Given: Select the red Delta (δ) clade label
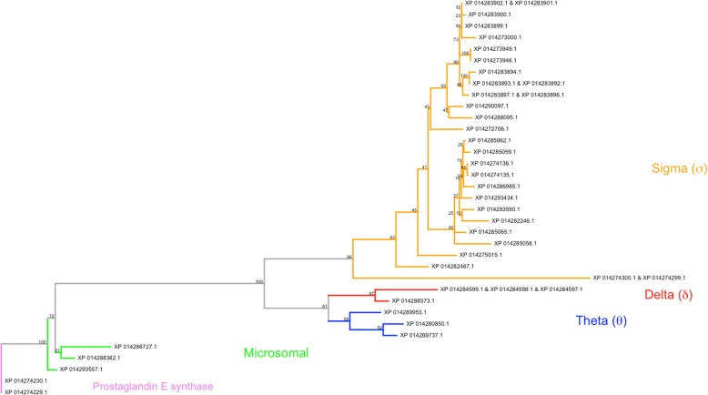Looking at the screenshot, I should pos(669,294).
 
